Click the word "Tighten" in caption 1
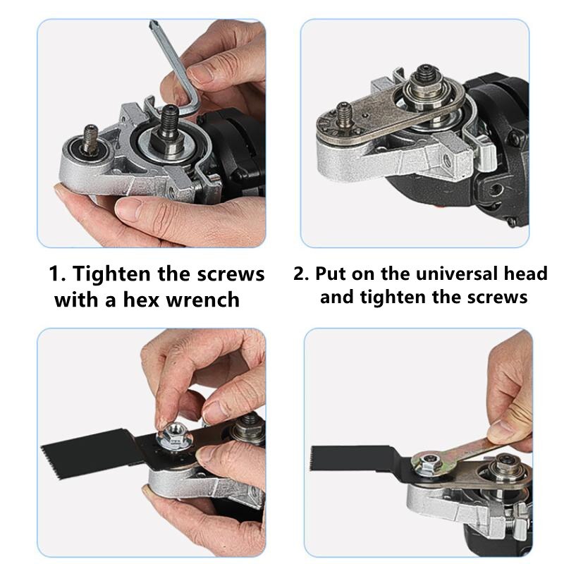pyautogui.click(x=118, y=274)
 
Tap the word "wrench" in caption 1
pyautogui.click(x=205, y=300)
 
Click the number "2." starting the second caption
pyautogui.click(x=301, y=273)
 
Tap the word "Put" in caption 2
pyautogui.click(x=332, y=273)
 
